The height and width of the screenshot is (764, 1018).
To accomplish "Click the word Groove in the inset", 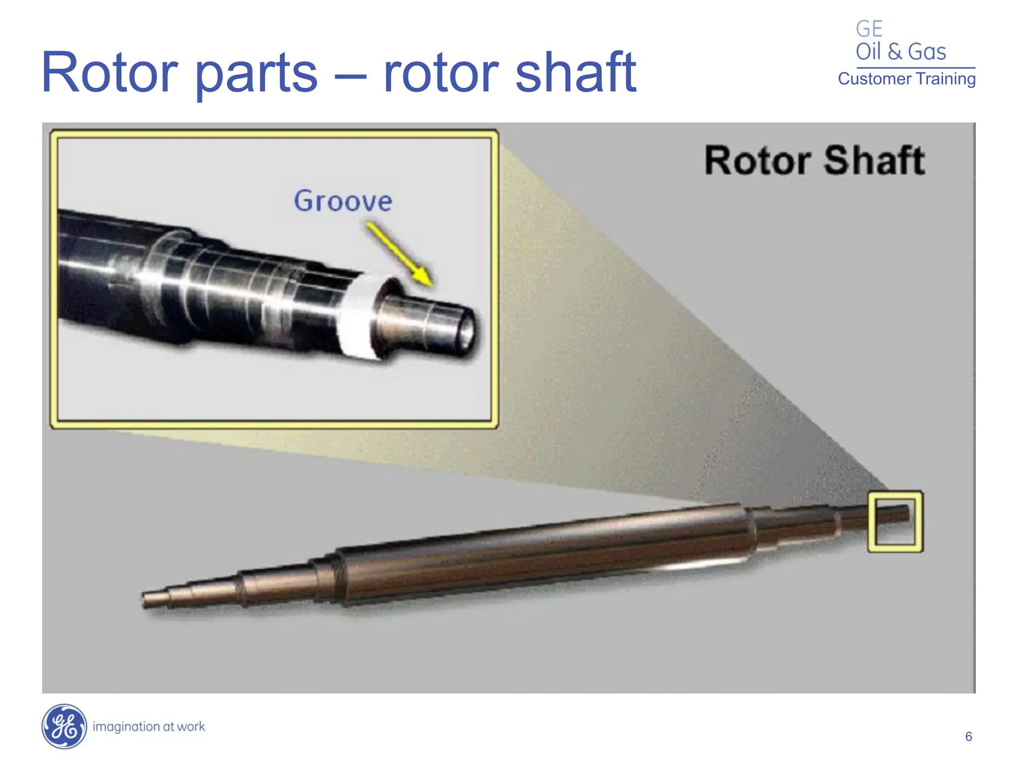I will coord(343,201).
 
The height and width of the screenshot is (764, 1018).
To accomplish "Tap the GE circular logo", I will coord(64,726).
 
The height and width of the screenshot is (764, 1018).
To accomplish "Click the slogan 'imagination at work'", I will coord(149,727).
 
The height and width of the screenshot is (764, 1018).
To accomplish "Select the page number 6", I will coord(968,737).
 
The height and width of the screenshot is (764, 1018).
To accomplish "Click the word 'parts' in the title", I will coord(255,75).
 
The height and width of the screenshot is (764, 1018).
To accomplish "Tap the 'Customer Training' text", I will coord(907,79).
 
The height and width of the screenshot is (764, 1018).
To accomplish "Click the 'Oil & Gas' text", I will coord(901,52).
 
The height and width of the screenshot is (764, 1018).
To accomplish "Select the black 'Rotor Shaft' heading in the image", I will coord(815,161).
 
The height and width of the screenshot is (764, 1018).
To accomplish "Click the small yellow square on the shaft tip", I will coord(895,521).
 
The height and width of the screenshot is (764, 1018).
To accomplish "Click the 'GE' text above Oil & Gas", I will coord(869,29).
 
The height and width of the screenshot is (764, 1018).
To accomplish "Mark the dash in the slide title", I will coord(350,76).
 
